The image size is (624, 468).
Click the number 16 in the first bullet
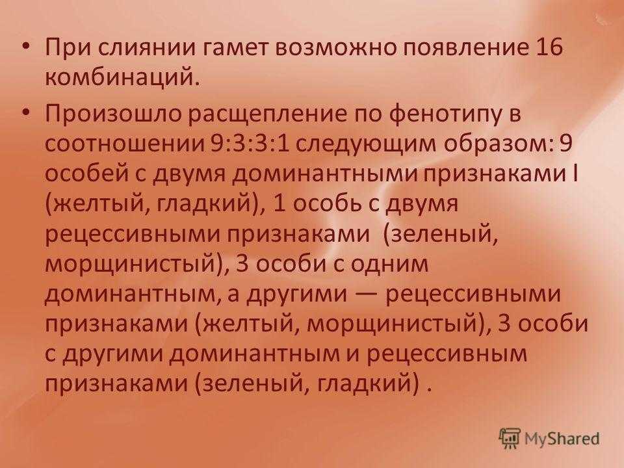point(551,47)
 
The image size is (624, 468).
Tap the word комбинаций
point(121,77)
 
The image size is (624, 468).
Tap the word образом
point(499,144)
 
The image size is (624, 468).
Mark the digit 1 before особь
point(280,203)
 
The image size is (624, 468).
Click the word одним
point(390,265)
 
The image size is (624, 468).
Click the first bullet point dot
point(25,47)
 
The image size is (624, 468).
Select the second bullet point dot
point(25,114)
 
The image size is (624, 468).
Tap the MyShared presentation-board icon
point(510,439)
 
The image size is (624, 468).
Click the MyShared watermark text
point(562,439)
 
